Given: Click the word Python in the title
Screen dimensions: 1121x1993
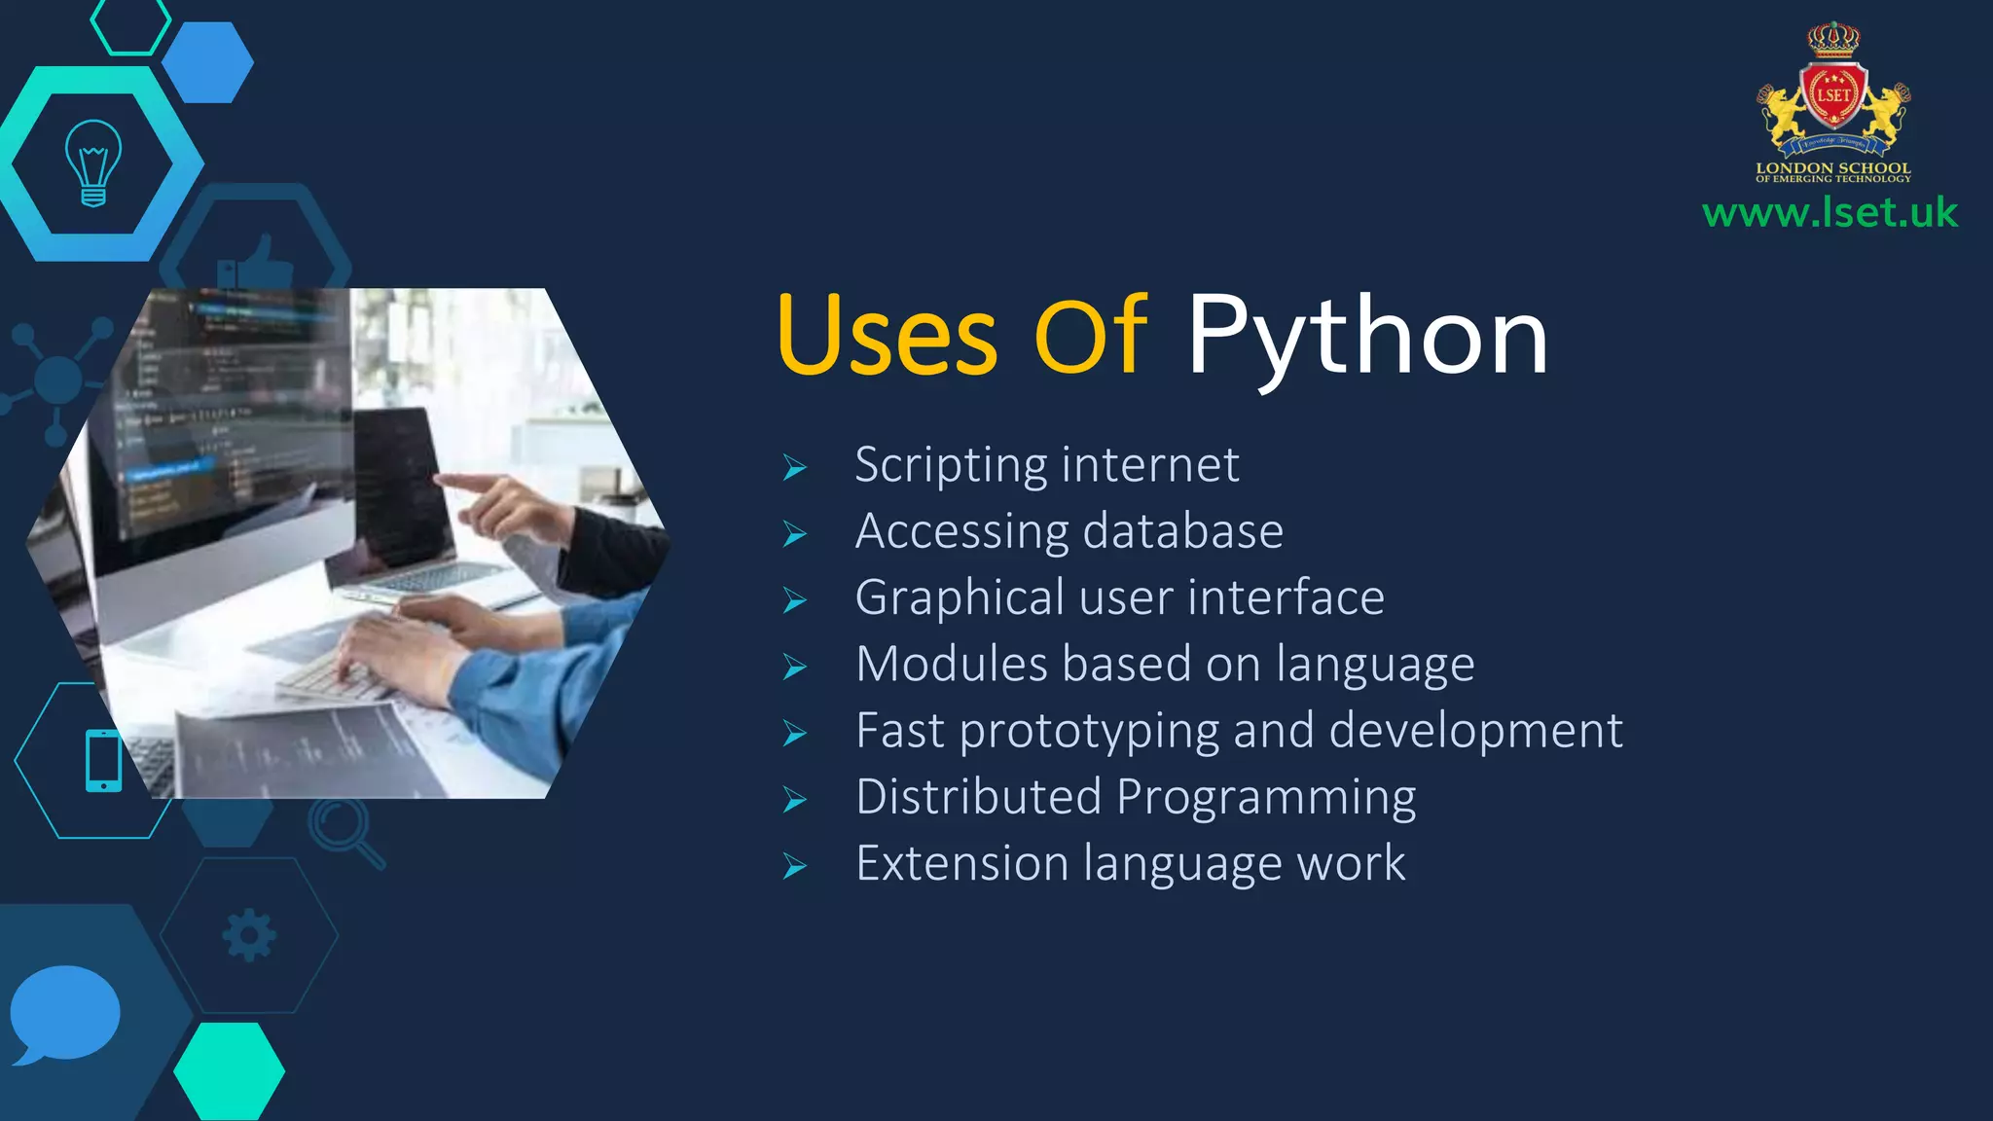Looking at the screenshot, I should click(x=1366, y=337).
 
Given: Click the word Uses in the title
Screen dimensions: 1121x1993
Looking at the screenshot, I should click(x=887, y=337).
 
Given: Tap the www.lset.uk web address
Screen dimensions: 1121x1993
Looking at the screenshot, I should click(x=1830, y=212).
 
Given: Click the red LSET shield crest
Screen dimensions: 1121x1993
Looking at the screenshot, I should click(x=1833, y=95).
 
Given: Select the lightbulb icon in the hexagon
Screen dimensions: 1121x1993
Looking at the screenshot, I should click(x=93, y=163).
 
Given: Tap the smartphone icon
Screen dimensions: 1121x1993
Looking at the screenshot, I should click(x=103, y=760).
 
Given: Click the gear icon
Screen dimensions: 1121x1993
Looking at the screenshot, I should click(x=249, y=935).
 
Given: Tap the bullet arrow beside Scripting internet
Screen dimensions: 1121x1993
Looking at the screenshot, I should click(x=795, y=468).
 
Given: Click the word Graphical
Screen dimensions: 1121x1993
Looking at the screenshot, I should click(x=960, y=597).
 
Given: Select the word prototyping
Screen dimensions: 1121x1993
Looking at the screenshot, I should click(x=1089, y=731).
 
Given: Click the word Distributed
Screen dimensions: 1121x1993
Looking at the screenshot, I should click(x=978, y=797).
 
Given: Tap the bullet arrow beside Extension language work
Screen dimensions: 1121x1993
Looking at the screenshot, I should click(x=795, y=866).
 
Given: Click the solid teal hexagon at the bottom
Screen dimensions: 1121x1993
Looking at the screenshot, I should click(x=230, y=1070).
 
